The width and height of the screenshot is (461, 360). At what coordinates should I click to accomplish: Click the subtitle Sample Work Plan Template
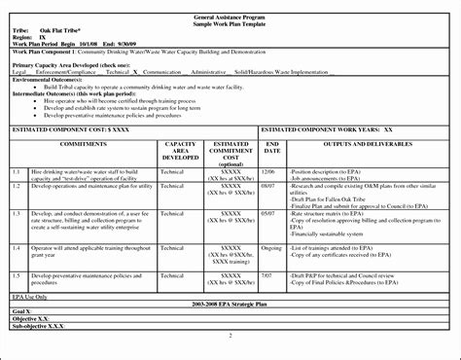point(230,16)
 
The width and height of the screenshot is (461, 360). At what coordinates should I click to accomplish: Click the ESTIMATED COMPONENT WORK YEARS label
point(317,128)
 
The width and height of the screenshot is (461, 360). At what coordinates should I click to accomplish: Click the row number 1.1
point(17,171)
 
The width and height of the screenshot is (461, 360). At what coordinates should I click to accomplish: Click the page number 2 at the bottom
point(230,336)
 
